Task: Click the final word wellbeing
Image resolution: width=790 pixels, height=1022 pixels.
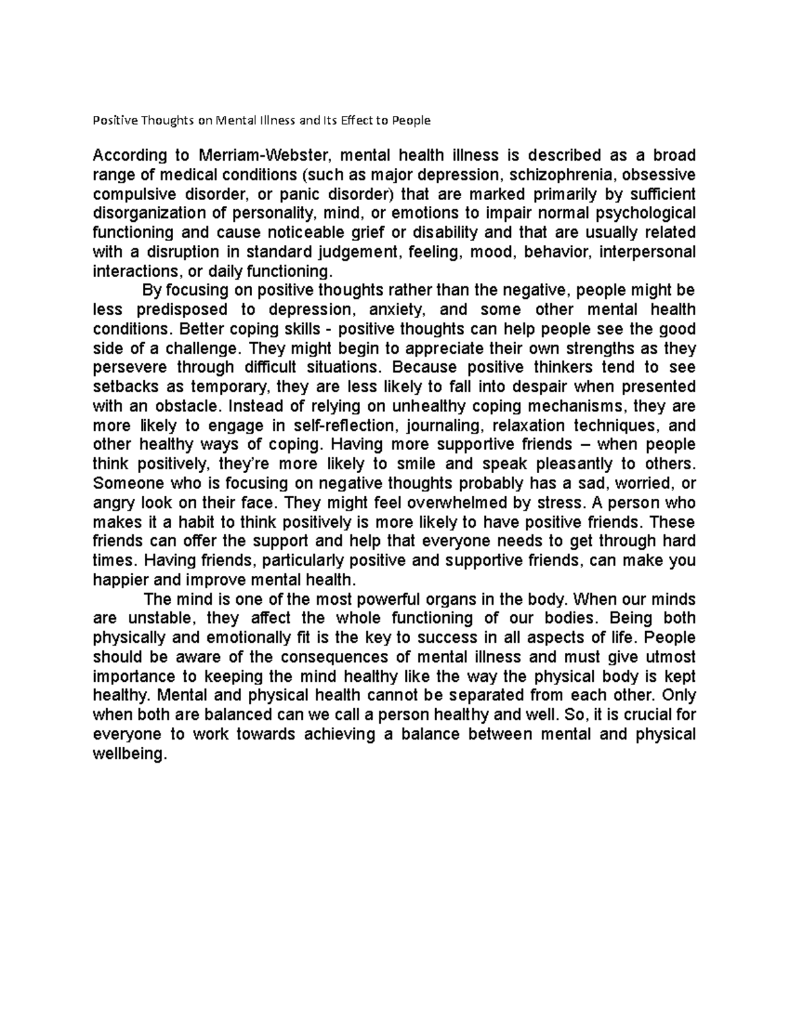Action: (130, 754)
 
